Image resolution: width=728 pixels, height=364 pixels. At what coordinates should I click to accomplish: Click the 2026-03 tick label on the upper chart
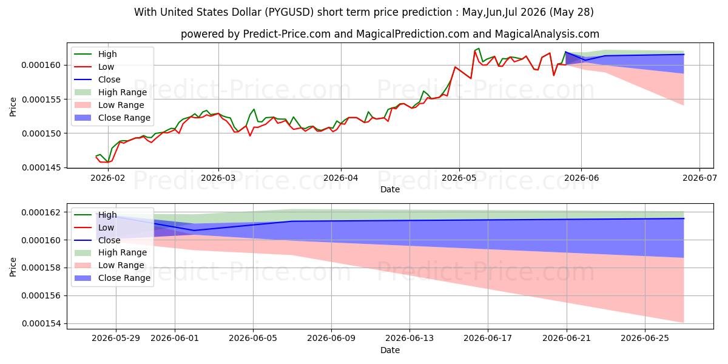point(218,178)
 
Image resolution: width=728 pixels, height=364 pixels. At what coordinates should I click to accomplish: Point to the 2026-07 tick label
point(699,178)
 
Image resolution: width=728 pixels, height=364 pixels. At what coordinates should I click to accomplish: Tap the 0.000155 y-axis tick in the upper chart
point(41,99)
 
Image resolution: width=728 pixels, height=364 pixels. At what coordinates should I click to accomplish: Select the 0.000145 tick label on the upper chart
point(41,167)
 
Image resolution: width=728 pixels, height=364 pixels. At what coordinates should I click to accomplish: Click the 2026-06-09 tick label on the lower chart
point(331,339)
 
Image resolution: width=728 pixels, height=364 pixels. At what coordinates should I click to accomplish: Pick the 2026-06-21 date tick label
point(567,339)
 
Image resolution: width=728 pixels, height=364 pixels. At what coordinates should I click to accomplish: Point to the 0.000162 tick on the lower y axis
point(41,212)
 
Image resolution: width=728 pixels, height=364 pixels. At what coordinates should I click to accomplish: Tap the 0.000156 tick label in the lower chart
point(41,296)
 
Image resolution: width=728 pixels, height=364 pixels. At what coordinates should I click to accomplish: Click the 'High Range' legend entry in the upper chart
point(110,92)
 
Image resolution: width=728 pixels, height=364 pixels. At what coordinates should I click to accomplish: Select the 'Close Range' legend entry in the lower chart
point(112,278)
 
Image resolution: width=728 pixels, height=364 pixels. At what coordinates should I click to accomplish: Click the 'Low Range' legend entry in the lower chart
point(109,266)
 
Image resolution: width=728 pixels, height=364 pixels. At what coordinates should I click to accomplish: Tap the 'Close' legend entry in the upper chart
point(97,79)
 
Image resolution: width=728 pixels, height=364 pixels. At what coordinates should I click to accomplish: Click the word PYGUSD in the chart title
point(289,12)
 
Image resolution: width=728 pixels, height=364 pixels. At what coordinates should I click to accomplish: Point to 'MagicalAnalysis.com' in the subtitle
point(547,34)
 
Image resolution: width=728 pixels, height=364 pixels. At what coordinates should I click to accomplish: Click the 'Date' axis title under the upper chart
point(390,189)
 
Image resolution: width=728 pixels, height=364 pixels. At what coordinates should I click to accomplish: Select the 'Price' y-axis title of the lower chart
point(13,267)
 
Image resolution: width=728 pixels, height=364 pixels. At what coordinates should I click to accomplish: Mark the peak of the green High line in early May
point(479,49)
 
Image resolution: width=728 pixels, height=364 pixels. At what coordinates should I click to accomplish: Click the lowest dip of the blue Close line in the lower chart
point(194,231)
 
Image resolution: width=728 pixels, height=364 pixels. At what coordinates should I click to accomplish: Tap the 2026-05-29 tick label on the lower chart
point(116,339)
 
